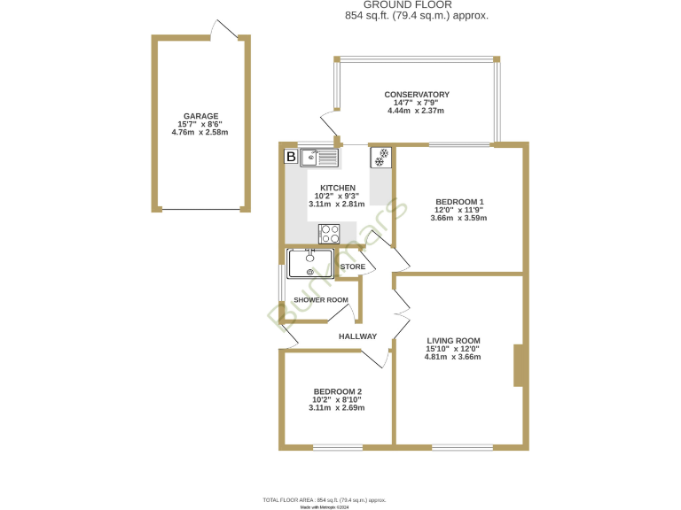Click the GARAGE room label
tap(200, 116)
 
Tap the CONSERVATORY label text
tap(416, 95)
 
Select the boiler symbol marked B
tap(290, 158)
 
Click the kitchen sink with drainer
tap(319, 158)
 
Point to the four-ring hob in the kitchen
tap(330, 233)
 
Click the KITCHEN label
tap(338, 188)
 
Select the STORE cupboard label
tap(353, 267)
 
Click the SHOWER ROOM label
tap(321, 300)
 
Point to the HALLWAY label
tap(357, 336)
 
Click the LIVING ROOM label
tap(453, 341)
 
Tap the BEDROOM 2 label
tap(337, 391)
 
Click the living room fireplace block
tap(521, 365)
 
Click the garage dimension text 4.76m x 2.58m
tap(200, 133)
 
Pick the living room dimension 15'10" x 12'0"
tap(453, 349)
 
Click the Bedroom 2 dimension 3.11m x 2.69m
tap(337, 408)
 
